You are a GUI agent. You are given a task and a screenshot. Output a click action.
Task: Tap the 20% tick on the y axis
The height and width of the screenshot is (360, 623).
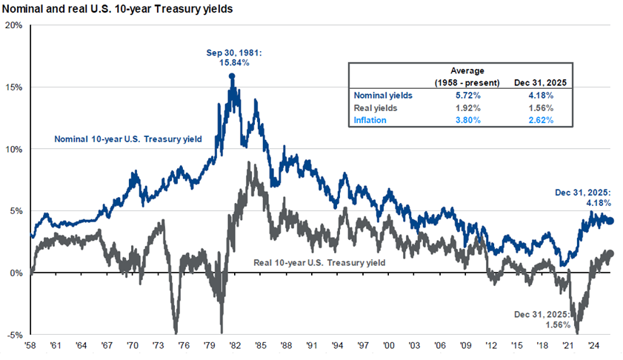(x=13, y=24)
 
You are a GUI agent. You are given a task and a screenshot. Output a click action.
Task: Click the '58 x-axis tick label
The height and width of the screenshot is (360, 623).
(x=31, y=345)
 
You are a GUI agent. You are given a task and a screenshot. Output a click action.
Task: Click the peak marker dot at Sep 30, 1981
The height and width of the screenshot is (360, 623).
(x=232, y=76)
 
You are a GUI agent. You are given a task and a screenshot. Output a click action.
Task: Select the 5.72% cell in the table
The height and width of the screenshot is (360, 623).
(x=467, y=95)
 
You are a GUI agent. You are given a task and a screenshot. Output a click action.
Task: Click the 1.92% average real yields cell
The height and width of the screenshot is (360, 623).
(x=467, y=107)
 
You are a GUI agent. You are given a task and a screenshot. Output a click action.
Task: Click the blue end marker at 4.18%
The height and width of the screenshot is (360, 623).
(x=610, y=221)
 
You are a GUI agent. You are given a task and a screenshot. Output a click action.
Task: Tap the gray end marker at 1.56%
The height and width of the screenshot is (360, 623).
(x=610, y=253)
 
